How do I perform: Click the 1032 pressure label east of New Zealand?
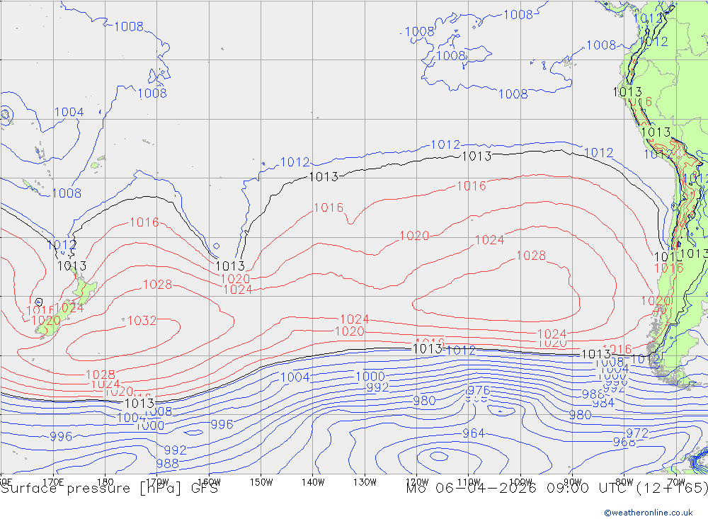142,321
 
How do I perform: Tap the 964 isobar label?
474,433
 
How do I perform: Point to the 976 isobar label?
479,391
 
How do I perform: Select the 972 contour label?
637,433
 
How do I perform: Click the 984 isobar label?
603,403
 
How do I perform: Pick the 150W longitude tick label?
261,482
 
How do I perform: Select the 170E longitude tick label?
53,482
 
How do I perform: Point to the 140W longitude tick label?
312,482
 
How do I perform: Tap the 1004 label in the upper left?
69,112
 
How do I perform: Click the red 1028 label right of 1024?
531,256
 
